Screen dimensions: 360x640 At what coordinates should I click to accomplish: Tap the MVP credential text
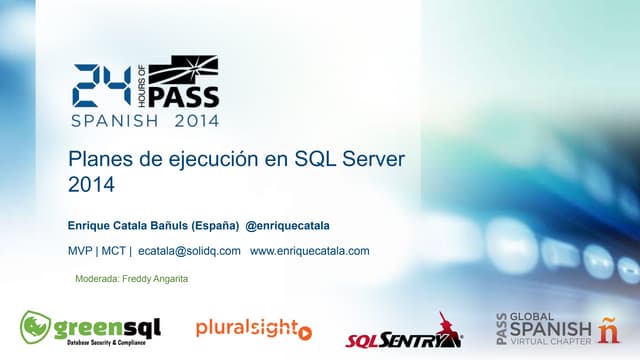(x=81, y=250)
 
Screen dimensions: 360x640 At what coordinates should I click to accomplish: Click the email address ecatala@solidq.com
(x=190, y=250)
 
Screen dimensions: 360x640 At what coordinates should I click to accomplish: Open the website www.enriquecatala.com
(x=310, y=250)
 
